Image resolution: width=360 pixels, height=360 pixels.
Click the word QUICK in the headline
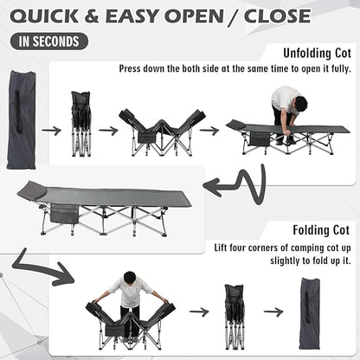[x=44, y=16]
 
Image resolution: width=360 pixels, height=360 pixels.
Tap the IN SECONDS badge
[x=49, y=42]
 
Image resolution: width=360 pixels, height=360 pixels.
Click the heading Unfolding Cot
[x=317, y=54]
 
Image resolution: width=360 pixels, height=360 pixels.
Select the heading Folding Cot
[x=321, y=230]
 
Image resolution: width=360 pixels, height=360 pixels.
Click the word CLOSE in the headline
[x=277, y=16]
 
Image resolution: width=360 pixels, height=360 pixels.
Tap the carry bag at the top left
[x=22, y=119]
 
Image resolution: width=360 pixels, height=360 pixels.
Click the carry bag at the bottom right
[x=309, y=313]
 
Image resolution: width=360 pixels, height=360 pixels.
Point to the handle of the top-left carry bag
[x=18, y=112]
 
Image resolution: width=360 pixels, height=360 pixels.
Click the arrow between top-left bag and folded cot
[x=51, y=131]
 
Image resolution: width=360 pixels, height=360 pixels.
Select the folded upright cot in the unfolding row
[x=81, y=124]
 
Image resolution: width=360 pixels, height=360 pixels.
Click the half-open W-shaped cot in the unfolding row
[x=162, y=132]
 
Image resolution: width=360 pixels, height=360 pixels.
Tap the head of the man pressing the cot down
[x=299, y=106]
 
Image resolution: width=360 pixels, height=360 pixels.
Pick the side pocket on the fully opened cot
[x=64, y=214]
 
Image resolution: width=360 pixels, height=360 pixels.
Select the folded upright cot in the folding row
[x=235, y=317]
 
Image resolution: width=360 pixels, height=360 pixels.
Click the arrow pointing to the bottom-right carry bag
[x=273, y=312]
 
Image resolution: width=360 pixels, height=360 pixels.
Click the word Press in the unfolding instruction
[x=130, y=69]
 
